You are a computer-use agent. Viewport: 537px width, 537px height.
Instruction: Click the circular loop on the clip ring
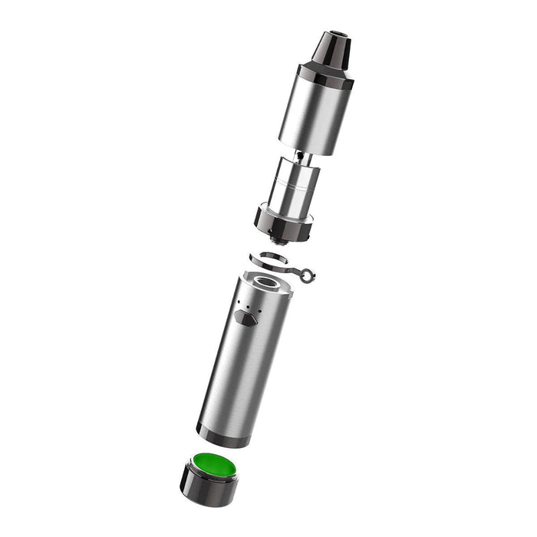tap(308, 273)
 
